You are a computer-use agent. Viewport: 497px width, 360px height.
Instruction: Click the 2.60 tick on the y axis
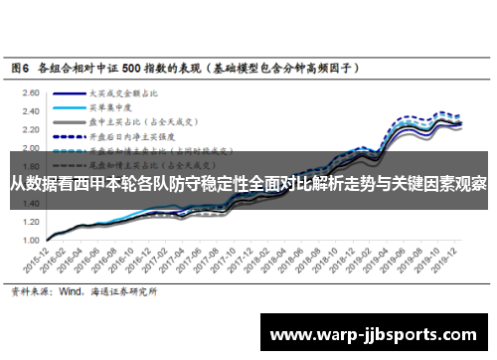(x=31, y=90)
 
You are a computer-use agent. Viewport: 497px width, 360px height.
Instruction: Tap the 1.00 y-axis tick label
(x=31, y=240)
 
